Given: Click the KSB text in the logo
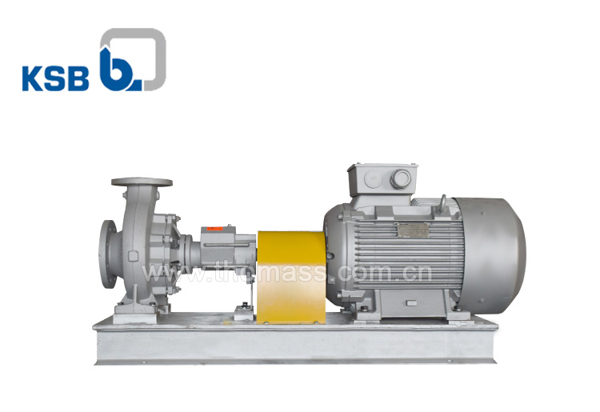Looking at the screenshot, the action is coord(56,79).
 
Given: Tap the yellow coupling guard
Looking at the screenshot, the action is coord(291,277).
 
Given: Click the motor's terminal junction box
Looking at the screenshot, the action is coord(382,180).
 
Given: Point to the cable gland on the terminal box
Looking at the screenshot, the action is coord(400,179).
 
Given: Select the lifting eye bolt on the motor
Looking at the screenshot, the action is coord(442,202).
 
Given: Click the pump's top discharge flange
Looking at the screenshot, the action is coord(142,182).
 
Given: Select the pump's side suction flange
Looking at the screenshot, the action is coord(108,254).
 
